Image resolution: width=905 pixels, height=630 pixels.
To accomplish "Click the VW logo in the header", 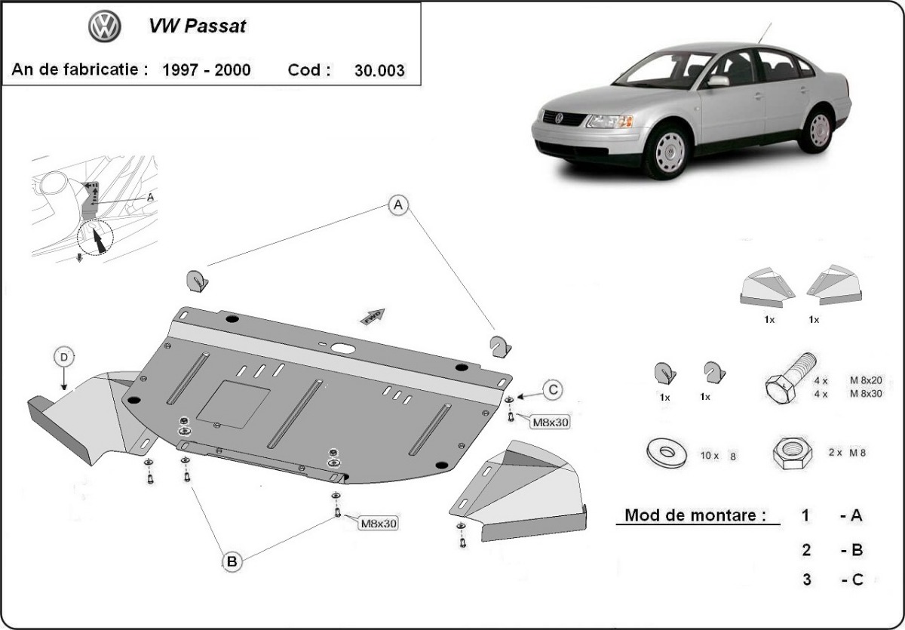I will click(105, 28).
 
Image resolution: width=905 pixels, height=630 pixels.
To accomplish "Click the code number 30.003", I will click(379, 71).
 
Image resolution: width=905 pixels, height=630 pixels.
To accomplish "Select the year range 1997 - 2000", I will click(207, 70).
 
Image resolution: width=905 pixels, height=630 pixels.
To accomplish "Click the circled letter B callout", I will click(232, 561).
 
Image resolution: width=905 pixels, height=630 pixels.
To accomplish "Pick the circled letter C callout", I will click(553, 389).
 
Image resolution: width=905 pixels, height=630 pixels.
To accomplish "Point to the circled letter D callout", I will click(64, 356).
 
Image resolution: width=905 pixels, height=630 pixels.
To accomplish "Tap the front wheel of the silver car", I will click(667, 151).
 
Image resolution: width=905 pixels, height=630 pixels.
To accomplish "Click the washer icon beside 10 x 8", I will click(666, 453).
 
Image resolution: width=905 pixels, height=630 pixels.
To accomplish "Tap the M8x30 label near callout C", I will click(550, 422).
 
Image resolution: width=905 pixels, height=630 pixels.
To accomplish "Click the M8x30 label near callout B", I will click(379, 522).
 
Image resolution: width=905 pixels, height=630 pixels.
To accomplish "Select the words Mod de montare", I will click(691, 516).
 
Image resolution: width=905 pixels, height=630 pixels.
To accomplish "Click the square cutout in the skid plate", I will click(233, 399).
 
